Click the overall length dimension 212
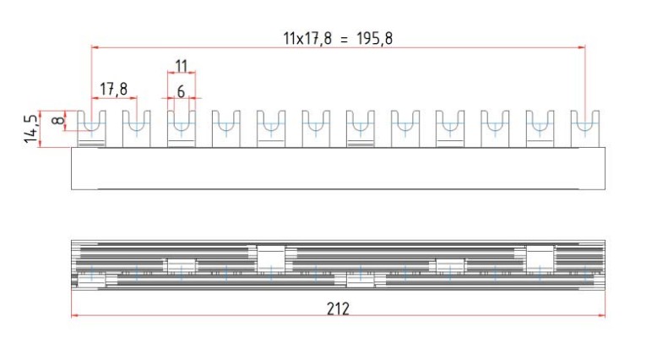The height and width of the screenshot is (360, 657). (x=338, y=308)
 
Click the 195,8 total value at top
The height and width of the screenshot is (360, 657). (x=375, y=39)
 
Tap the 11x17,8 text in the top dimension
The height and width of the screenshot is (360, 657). (x=307, y=39)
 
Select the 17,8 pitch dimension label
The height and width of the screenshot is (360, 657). (x=113, y=90)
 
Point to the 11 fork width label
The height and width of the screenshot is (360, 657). (x=181, y=66)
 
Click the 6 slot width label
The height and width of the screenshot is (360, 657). (x=181, y=91)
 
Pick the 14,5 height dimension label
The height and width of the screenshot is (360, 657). (x=30, y=128)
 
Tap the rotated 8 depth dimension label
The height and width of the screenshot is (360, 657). (x=58, y=120)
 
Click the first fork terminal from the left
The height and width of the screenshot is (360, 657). (x=91, y=128)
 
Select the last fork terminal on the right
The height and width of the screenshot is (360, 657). (x=585, y=128)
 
